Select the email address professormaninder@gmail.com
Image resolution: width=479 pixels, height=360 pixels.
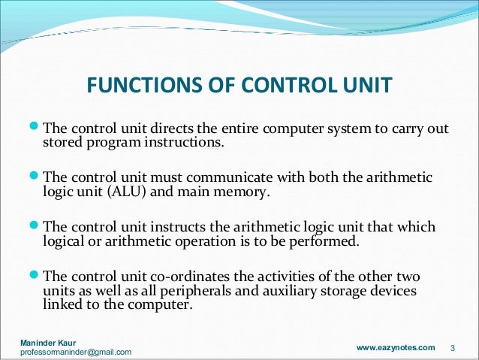pyautogui.click(x=75, y=352)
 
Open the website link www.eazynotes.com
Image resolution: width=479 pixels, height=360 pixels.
pyautogui.click(x=395, y=347)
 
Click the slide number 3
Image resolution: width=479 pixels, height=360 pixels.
pyautogui.click(x=453, y=348)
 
